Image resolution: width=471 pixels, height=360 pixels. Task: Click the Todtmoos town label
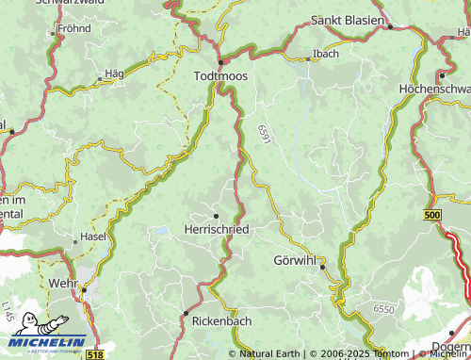pyautogui.click(x=219, y=75)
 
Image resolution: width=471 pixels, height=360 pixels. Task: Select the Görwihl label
pyautogui.click(x=295, y=259)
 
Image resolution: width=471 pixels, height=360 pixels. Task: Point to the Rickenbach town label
pyautogui.click(x=221, y=322)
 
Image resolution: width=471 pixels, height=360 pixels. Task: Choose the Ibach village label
pyautogui.click(x=326, y=53)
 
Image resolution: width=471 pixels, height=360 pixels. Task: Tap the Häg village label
pyautogui.click(x=114, y=74)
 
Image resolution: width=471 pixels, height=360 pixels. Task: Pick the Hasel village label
pyautogui.click(x=93, y=236)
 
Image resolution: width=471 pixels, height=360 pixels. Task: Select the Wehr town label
pyautogui.click(x=61, y=282)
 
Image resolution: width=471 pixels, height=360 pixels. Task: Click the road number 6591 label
pyautogui.click(x=263, y=135)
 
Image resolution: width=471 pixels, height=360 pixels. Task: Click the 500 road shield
pyautogui.click(x=432, y=216)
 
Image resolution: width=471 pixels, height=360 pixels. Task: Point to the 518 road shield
pyautogui.click(x=94, y=353)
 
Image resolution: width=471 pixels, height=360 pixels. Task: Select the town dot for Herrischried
pyautogui.click(x=216, y=216)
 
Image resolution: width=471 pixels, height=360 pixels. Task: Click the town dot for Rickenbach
pyautogui.click(x=186, y=312)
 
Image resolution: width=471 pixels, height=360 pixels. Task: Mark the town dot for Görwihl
pyautogui.click(x=322, y=268)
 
